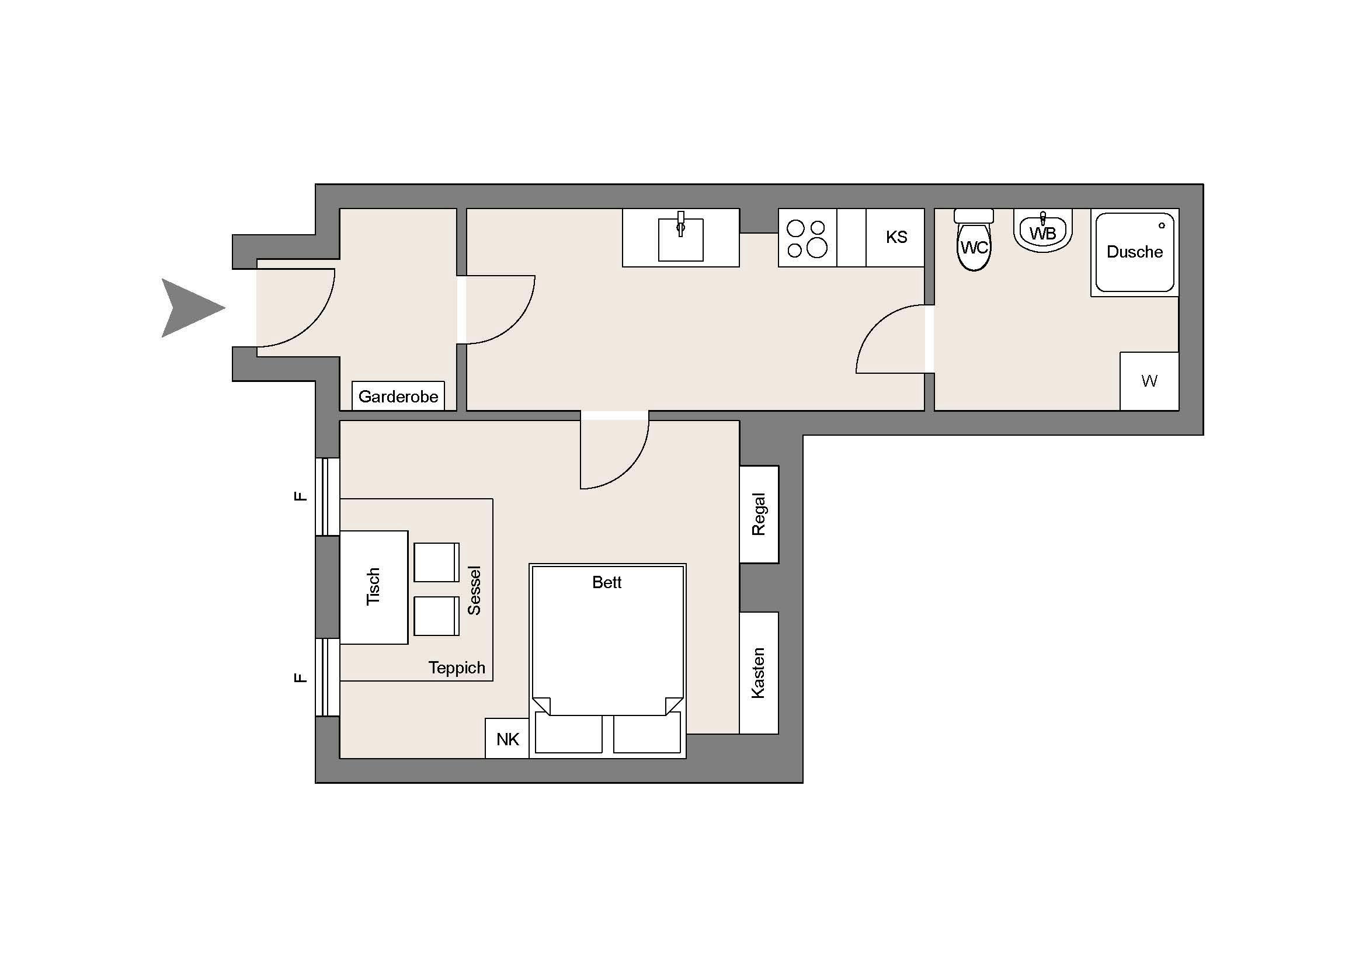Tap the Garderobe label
(x=398, y=397)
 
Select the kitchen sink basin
(x=680, y=239)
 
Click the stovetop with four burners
(x=807, y=238)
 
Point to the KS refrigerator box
(x=895, y=237)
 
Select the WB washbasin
(x=1042, y=232)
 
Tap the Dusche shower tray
(x=1135, y=253)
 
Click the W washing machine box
(x=1149, y=381)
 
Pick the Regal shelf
(x=759, y=514)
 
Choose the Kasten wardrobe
(x=759, y=673)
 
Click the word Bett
(x=606, y=582)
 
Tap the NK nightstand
(x=507, y=739)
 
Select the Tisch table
(x=374, y=587)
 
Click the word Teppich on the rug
(x=457, y=668)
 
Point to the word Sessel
(x=474, y=590)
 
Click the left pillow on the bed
(x=568, y=734)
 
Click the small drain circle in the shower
(x=1162, y=225)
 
